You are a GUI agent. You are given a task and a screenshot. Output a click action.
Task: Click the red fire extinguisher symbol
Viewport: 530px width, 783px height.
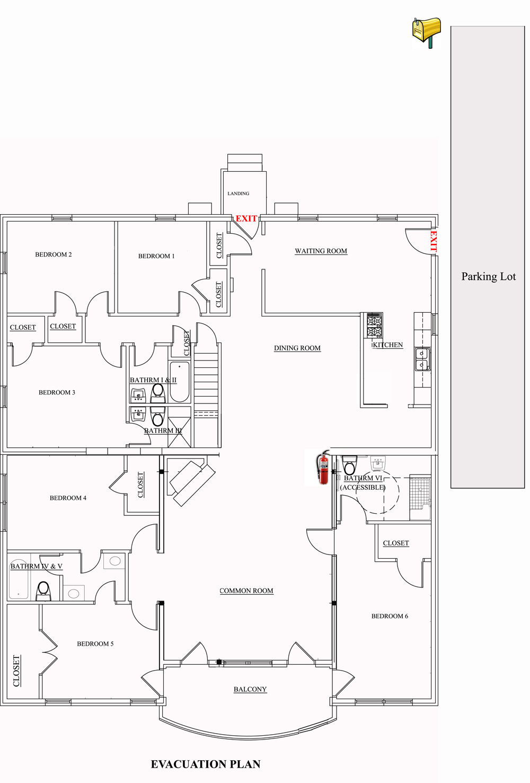click(323, 468)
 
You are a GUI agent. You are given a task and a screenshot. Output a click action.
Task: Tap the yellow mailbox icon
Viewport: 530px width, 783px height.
click(427, 31)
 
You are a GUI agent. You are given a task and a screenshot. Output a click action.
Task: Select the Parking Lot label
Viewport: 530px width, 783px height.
click(488, 276)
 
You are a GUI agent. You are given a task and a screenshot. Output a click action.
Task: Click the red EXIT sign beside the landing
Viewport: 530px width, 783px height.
click(246, 218)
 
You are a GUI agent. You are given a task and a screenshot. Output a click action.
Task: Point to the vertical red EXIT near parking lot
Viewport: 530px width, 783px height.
click(433, 241)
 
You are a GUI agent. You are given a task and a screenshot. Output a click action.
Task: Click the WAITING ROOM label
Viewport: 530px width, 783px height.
click(321, 251)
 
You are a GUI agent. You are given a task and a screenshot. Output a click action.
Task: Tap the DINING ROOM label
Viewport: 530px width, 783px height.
click(297, 348)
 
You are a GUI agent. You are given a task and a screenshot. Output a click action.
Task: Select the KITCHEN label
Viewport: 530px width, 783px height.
click(387, 345)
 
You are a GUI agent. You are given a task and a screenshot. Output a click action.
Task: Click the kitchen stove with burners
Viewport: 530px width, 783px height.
click(375, 325)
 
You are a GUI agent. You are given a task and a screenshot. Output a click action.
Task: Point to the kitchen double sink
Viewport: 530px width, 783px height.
click(422, 359)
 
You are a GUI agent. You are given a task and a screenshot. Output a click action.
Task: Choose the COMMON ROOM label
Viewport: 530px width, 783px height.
click(246, 591)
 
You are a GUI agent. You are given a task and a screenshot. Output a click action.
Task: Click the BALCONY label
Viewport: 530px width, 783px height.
click(250, 689)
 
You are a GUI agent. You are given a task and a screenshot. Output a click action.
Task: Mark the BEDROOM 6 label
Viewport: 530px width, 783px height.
click(390, 616)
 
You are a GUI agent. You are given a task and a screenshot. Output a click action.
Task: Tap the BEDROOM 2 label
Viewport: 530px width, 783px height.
click(54, 254)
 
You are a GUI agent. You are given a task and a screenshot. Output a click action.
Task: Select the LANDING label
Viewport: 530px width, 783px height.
click(238, 193)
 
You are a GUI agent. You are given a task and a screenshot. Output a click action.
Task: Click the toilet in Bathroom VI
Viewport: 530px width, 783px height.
click(349, 466)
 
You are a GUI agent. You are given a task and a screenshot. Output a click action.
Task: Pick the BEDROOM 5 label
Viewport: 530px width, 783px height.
click(95, 644)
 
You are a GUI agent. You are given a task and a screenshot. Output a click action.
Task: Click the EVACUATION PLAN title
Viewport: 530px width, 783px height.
click(206, 764)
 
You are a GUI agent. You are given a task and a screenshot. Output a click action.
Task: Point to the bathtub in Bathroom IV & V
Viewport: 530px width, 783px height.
click(19, 580)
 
